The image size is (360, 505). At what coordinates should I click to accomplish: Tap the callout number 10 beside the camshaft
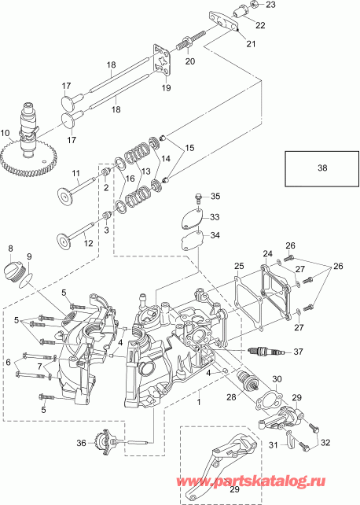pyautogui.click(x=6, y=133)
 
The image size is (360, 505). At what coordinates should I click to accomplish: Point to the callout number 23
pyautogui.click(x=271, y=6)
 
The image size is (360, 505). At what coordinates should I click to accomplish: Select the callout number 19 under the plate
pyautogui.click(x=166, y=89)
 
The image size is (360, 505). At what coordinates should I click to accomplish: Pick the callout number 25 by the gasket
pyautogui.click(x=238, y=268)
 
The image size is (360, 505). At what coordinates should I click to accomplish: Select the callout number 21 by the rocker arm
pyautogui.click(x=251, y=46)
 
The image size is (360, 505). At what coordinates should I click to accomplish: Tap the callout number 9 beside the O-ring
pyautogui.click(x=29, y=256)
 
